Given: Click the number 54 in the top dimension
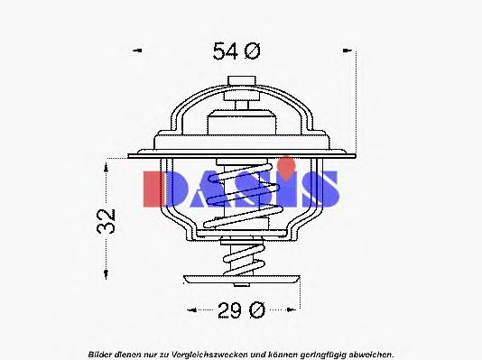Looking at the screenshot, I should pos(225,51).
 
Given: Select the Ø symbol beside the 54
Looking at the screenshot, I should pos(250,51).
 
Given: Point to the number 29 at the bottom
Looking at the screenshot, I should pos(229,311).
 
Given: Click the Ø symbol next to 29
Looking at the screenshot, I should pos(255,311).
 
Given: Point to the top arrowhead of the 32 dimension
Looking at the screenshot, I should pos(107,163).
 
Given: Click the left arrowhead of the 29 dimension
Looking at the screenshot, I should pos(190,311).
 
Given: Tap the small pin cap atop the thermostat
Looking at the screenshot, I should pos(241,82).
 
